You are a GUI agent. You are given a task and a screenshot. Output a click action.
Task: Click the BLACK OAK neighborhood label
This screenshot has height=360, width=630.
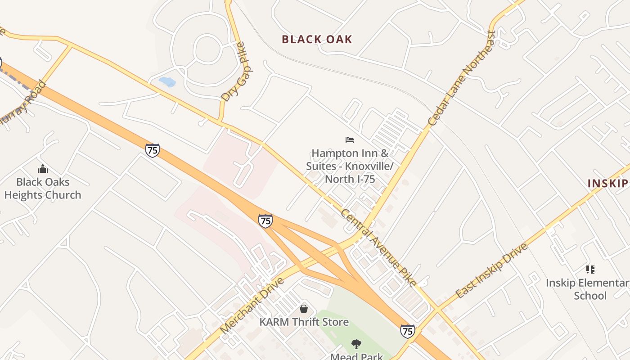pyautogui.click(x=317, y=39)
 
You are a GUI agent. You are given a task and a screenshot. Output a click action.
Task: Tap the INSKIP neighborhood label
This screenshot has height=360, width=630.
pyautogui.click(x=608, y=183)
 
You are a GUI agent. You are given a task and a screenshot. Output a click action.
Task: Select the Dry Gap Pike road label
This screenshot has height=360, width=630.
pyautogui.click(x=235, y=72)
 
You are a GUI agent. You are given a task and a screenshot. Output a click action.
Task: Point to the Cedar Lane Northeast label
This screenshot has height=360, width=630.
pyautogui.click(x=461, y=78)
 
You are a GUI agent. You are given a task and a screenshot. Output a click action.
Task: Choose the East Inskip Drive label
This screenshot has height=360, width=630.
pyautogui.click(x=491, y=271)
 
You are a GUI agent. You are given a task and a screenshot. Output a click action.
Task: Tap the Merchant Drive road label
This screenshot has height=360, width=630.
pyautogui.click(x=252, y=306)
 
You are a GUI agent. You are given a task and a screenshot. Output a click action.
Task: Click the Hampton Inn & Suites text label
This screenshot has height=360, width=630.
pyautogui.click(x=350, y=166)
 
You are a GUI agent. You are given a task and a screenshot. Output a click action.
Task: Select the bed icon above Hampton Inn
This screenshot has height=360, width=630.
pyautogui.click(x=350, y=140)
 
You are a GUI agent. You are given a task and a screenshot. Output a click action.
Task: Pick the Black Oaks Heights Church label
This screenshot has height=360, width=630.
pyautogui.click(x=43, y=188)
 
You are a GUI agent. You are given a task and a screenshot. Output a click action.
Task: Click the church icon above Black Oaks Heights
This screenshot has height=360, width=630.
pyautogui.click(x=43, y=169)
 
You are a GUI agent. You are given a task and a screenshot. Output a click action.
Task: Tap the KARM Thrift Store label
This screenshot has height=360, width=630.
pyautogui.click(x=304, y=322)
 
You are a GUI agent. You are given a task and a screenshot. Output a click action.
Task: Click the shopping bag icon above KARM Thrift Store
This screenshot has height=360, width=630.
pyautogui.click(x=304, y=309)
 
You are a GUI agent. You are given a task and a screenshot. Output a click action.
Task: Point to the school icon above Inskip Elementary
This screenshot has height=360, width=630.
pyautogui.click(x=590, y=270)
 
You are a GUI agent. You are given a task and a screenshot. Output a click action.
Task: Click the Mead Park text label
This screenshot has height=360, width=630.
pyautogui.click(x=356, y=356)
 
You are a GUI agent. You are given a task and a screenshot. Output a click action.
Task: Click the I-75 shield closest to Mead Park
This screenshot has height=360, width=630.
pyautogui.click(x=407, y=331)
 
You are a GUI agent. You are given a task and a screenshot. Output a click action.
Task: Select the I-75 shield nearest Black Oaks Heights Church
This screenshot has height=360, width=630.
pyautogui.click(x=153, y=150)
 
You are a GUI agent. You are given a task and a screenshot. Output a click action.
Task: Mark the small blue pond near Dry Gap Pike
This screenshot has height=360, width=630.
pyautogui.click(x=167, y=81)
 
